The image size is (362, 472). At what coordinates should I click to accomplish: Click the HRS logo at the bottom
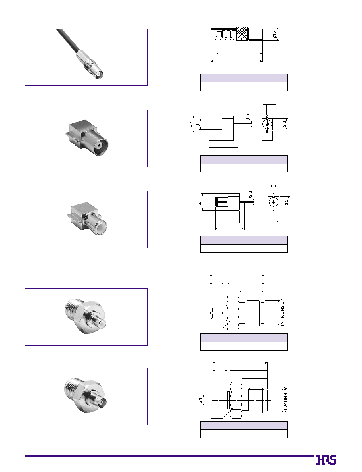pos(326,460)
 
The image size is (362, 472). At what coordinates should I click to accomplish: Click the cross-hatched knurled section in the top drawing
pos(242,34)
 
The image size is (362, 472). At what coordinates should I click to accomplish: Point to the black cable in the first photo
pos(68,40)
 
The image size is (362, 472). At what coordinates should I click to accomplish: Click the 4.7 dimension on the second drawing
pos(191,124)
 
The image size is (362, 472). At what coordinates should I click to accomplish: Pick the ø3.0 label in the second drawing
pos(248,116)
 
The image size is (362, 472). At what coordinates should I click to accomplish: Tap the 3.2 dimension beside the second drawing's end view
pos(284,124)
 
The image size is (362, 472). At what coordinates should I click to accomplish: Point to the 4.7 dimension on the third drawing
pos(200,202)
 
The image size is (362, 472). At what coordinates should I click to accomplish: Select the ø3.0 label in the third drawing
pos(251,195)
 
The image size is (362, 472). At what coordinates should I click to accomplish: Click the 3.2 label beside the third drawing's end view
pos(287,202)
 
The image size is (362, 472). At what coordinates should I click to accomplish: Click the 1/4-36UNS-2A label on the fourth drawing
pos(282,312)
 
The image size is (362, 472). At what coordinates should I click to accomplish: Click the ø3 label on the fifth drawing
pos(201,400)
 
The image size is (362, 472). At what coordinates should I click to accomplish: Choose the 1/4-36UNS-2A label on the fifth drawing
pos(285,400)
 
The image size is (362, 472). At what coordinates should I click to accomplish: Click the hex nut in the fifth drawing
pos(236,400)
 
